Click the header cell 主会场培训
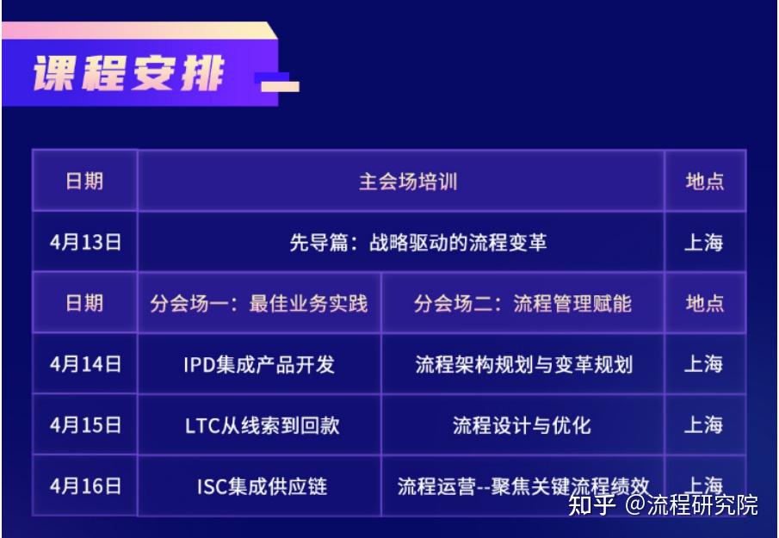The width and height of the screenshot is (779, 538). point(407,182)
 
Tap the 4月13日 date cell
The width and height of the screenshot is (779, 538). point(85,243)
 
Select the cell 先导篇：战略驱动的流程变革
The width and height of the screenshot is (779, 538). point(417,243)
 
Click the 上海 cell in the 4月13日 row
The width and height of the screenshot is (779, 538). point(704,243)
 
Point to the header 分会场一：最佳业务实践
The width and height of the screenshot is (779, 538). point(259,303)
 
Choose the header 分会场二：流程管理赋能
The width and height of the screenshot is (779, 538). point(522,303)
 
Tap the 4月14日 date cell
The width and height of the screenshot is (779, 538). point(85,364)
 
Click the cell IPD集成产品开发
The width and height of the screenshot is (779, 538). point(259,364)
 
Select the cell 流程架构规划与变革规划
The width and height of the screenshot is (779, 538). point(522,364)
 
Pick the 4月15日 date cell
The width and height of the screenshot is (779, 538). point(85,425)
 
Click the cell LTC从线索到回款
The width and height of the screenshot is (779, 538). point(259,425)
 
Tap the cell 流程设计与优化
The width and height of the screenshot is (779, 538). point(522,425)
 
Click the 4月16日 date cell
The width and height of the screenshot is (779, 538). point(85,486)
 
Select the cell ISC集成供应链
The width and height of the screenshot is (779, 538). point(259,486)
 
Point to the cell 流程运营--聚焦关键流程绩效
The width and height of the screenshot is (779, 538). point(522,486)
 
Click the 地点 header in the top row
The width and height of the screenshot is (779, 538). point(704,182)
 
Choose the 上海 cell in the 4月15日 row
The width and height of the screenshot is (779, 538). point(704,425)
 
